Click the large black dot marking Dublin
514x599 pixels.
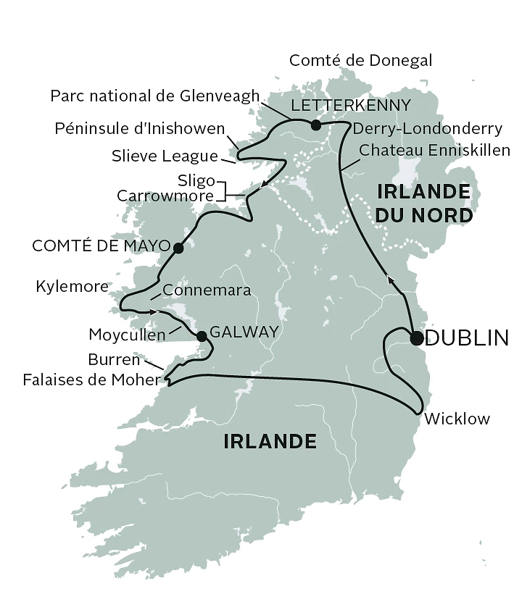click(416, 338)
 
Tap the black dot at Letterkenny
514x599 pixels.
click(315, 125)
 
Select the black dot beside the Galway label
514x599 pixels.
click(202, 335)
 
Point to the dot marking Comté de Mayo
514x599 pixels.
click(178, 248)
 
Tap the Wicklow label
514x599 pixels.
click(456, 419)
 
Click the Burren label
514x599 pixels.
click(114, 359)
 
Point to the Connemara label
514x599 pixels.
click(207, 290)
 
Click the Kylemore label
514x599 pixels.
click(72, 287)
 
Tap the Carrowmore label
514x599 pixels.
click(166, 196)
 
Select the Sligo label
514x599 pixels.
click(196, 180)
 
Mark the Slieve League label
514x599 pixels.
click(165, 156)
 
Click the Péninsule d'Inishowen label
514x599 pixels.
click(140, 129)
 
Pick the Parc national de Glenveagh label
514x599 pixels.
click(154, 96)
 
